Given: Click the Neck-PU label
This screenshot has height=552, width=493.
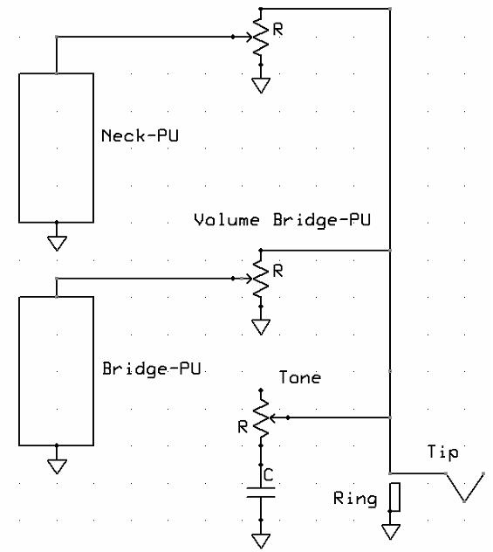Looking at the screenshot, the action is point(140,136).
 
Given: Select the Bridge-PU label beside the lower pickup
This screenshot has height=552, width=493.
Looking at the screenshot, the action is point(151,369).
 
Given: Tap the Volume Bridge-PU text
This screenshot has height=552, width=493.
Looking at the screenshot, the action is point(282,220).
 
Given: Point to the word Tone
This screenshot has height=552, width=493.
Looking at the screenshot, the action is point(299,377).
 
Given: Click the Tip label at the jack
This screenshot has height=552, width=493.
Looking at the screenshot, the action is point(442,452).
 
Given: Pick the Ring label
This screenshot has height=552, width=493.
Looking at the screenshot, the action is point(355,499).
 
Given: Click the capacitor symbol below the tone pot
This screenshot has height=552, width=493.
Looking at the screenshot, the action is point(261,493).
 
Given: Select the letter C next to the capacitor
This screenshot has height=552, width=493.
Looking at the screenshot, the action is point(268,475).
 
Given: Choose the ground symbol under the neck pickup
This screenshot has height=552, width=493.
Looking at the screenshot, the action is point(57,244).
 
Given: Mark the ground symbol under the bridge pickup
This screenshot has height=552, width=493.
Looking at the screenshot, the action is point(57,466).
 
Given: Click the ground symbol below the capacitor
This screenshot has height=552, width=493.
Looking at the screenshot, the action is point(261,541).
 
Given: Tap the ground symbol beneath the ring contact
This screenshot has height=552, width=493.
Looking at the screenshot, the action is point(391,532).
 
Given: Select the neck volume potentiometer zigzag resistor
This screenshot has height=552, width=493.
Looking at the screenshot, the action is point(261,37).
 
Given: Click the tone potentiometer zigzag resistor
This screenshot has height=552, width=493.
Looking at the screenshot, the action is point(261,417).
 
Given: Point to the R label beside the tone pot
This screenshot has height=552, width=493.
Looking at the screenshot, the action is point(243,427).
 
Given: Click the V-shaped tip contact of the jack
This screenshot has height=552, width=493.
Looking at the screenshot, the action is point(465,487).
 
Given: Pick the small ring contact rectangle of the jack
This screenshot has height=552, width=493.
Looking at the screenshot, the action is point(395,497).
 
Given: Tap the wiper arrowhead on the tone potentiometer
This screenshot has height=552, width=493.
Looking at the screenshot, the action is point(272,417).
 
